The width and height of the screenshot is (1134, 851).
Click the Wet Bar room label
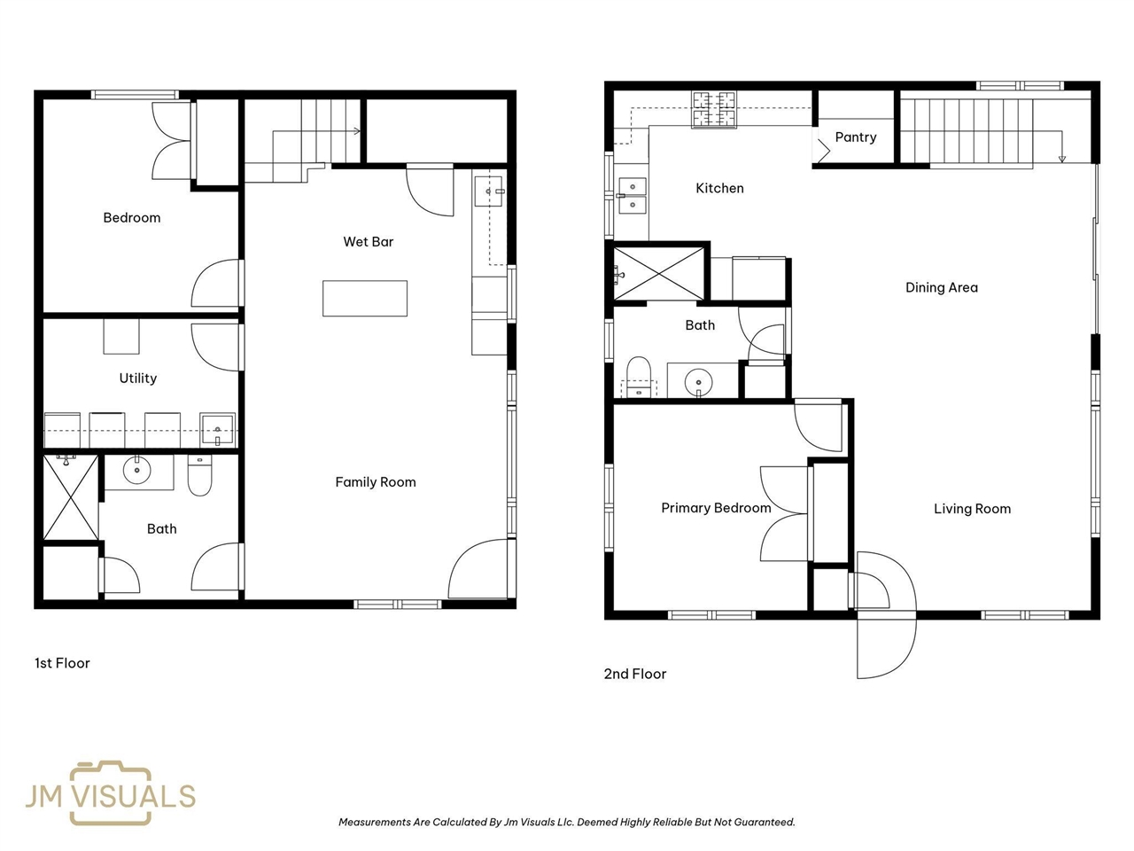click(x=368, y=241)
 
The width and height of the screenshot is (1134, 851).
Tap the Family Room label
click(x=375, y=482)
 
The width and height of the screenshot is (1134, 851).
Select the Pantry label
click(x=856, y=137)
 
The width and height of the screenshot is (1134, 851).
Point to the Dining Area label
click(x=941, y=287)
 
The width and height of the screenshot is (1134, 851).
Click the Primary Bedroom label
click(x=716, y=508)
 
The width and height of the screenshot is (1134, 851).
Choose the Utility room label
click(x=138, y=379)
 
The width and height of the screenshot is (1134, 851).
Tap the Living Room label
click(x=972, y=509)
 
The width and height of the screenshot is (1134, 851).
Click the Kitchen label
click(x=719, y=188)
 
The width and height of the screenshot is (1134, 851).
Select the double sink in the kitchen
click(x=633, y=196)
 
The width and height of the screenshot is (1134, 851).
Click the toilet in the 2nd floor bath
click(x=639, y=377)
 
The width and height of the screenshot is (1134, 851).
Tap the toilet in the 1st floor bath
click(x=199, y=475)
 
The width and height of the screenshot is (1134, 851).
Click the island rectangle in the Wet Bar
click(x=365, y=298)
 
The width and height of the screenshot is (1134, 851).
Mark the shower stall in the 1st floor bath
click(x=70, y=497)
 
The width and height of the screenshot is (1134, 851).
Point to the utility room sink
click(x=218, y=429)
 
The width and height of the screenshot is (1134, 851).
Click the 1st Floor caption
click(x=62, y=663)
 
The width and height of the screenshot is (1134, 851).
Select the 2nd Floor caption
click(x=635, y=674)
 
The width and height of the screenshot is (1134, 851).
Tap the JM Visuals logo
click(x=111, y=792)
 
